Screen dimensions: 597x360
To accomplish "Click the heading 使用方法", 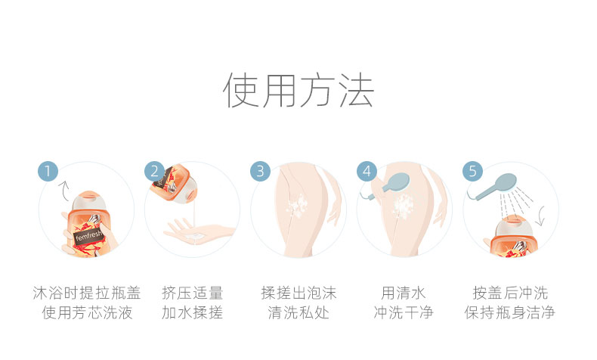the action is [298, 90].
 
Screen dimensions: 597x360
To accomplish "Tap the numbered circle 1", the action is [48, 172].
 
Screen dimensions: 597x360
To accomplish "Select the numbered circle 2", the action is [154, 172].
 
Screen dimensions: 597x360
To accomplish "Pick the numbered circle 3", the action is [260, 172].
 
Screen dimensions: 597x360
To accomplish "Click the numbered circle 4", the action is [367, 172].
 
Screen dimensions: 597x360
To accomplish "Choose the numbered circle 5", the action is [472, 172].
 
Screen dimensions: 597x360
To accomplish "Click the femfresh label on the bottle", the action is [88, 235].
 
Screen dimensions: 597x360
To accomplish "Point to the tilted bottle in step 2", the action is [174, 184].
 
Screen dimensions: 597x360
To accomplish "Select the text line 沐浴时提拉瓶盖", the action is [87, 293].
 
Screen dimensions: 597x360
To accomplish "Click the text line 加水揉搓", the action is [192, 313].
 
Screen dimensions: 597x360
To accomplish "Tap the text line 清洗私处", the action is [298, 313].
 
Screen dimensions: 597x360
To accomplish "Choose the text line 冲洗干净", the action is [404, 313].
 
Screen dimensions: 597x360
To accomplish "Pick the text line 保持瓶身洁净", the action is [510, 313].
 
